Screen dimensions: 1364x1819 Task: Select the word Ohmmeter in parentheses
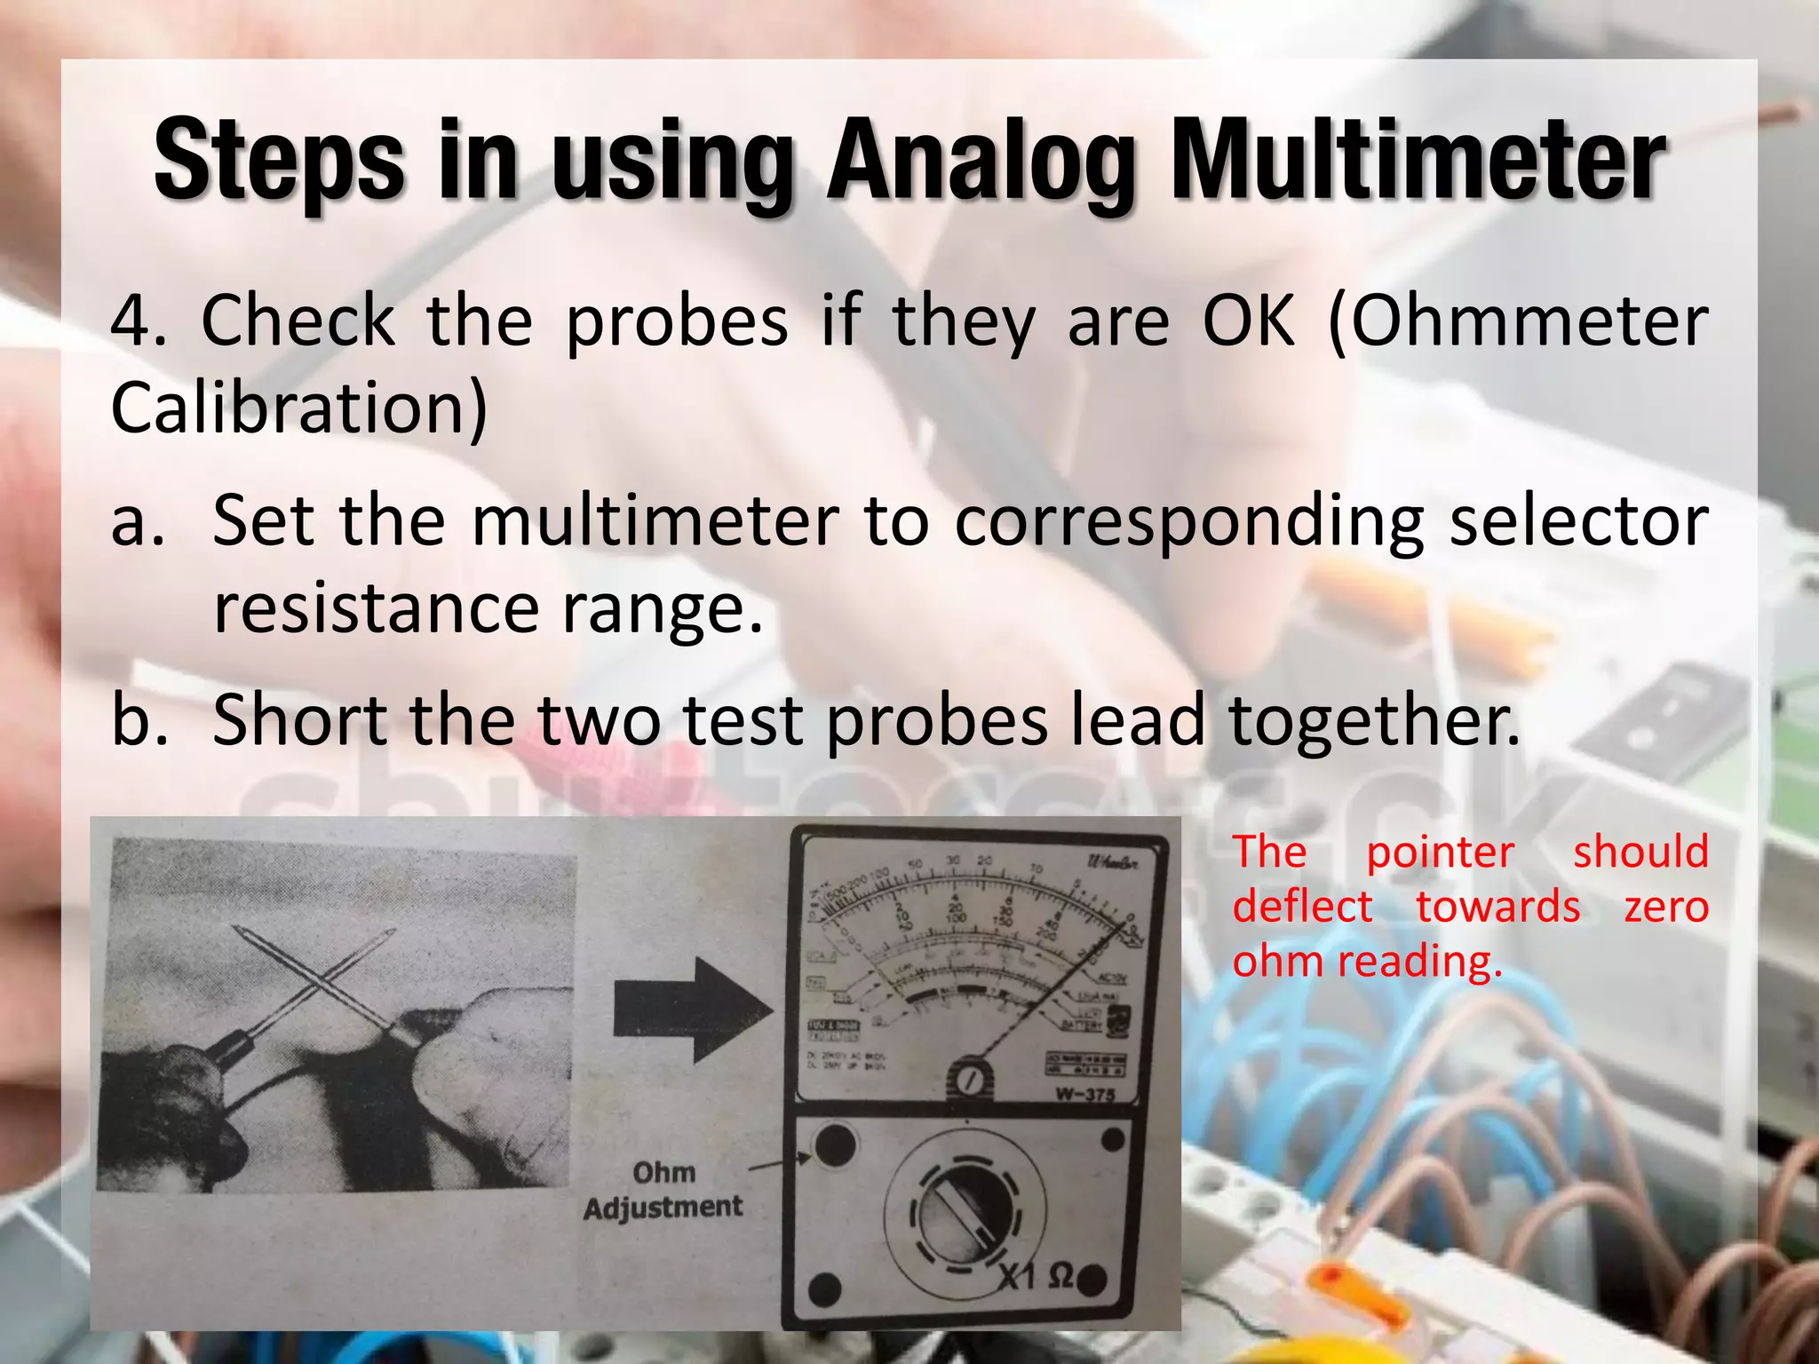tap(1519, 321)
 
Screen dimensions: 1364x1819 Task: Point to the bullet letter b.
tap(139, 721)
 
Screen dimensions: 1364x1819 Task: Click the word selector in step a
tap(1578, 522)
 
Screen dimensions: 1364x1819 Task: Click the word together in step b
tap(1372, 721)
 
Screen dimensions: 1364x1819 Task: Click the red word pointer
tap(1439, 852)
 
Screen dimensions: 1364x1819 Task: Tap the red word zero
tap(1665, 908)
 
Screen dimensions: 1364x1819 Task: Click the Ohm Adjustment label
tap(663, 1190)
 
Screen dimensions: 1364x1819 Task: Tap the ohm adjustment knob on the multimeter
tap(833, 1146)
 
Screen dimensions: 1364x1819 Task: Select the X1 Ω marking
tap(1036, 1277)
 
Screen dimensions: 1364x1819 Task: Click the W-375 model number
tap(1084, 1094)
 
